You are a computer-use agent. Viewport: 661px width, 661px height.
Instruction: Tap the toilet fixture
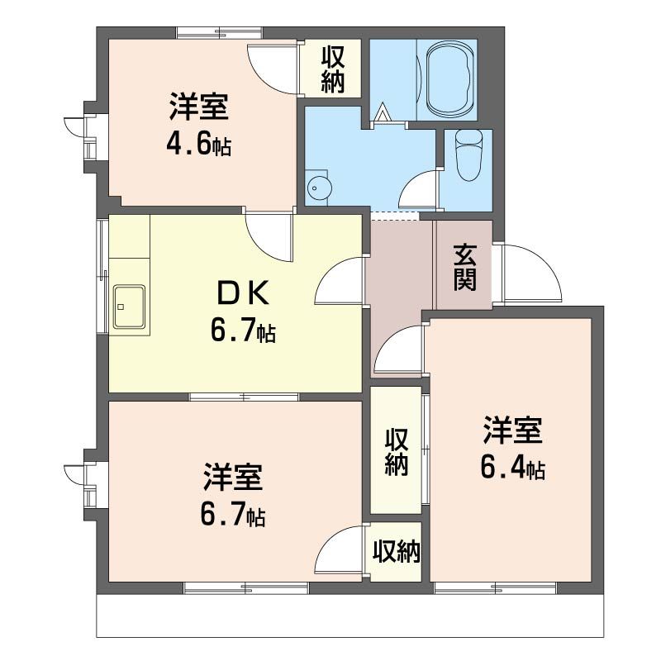tap(468, 156)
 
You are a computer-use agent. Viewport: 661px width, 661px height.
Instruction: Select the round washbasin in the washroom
tap(319, 188)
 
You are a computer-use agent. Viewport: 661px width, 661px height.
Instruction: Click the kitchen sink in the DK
tap(129, 307)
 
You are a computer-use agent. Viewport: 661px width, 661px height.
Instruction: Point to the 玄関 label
tap(464, 266)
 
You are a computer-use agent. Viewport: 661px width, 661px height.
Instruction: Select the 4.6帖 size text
tap(198, 145)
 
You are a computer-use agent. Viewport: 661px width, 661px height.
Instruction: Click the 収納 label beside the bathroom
tap(333, 70)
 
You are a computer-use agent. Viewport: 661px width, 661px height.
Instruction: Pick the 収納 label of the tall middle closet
tap(396, 452)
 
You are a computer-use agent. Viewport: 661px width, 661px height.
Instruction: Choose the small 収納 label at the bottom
tap(396, 551)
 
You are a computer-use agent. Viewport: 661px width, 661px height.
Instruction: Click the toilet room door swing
tap(420, 190)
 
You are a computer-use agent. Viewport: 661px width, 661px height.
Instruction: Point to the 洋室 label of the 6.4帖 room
tap(512, 431)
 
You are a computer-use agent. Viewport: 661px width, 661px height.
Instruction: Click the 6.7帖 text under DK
tap(243, 332)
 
